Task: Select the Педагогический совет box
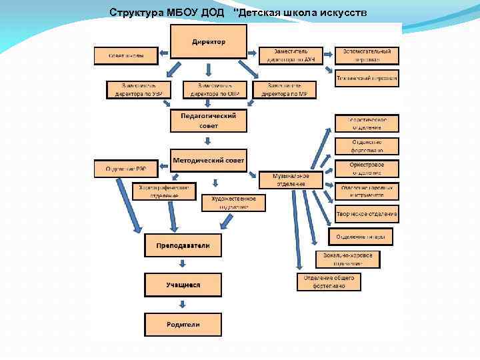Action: (209, 120)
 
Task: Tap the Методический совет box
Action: (209, 160)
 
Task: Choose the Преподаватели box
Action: (183, 246)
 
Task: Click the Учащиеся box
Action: (183, 285)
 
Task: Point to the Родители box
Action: (183, 325)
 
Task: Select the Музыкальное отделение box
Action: (291, 179)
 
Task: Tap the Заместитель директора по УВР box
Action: (139, 90)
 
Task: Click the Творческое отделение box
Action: (367, 215)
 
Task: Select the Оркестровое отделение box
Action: (367, 168)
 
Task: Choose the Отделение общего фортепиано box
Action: (329, 281)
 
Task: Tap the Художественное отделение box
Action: (233, 203)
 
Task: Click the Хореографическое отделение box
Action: (164, 191)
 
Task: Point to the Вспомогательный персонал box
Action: (367, 55)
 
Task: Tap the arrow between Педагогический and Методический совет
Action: (209, 141)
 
